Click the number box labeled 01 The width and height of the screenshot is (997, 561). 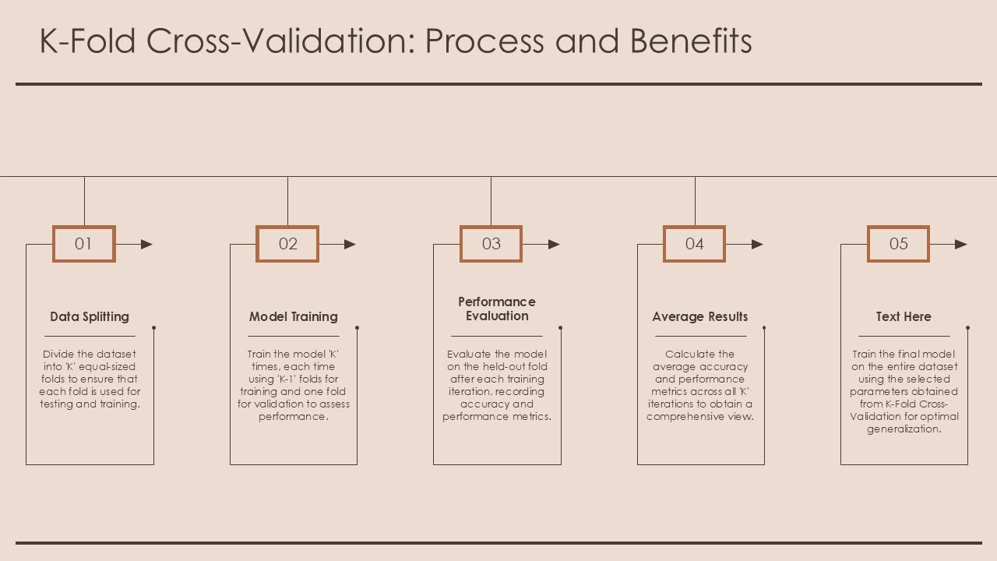[83, 244]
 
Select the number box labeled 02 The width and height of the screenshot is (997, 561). [287, 244]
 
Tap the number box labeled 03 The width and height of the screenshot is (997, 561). [491, 244]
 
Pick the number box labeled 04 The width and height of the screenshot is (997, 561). [694, 244]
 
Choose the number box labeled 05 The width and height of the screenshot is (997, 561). [898, 244]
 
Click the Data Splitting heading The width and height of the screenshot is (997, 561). [90, 316]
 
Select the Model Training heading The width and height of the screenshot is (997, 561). [294, 316]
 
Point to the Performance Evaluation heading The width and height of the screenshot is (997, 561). [497, 309]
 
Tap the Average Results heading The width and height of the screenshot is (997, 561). [700, 316]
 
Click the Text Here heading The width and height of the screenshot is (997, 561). [904, 316]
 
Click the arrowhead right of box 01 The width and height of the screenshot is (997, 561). [146, 244]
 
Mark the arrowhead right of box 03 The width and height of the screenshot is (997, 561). [554, 244]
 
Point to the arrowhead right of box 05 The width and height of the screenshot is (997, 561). [961, 244]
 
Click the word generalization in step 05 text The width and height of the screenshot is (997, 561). [904, 429]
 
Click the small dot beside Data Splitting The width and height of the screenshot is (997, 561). [153, 328]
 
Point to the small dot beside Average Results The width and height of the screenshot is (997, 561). [764, 328]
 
